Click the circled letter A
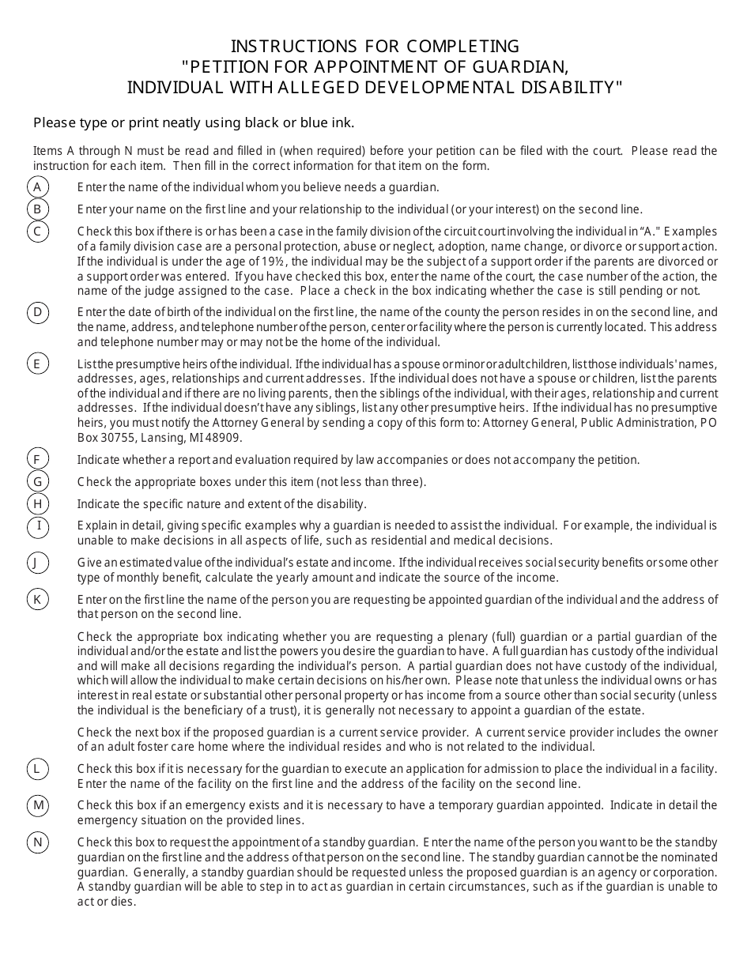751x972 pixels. (x=37, y=187)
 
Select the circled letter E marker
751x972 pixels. (x=37, y=364)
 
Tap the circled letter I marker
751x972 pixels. (x=37, y=526)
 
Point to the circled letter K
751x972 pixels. (x=37, y=599)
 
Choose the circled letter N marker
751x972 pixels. (x=37, y=842)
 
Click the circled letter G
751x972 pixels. (x=37, y=481)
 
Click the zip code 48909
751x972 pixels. (x=227, y=438)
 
